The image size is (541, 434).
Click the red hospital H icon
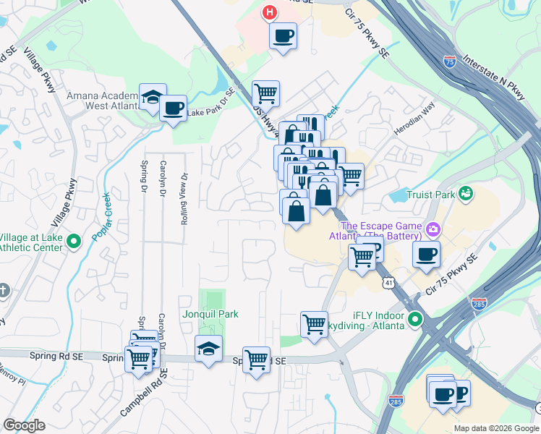click(x=270, y=12)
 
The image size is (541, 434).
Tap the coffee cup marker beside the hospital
click(x=283, y=35)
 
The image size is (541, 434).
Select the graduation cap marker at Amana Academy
click(x=153, y=98)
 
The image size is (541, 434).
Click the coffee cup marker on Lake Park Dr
click(x=173, y=109)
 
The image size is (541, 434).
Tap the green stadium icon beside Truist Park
click(x=467, y=193)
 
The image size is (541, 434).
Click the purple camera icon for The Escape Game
click(x=433, y=229)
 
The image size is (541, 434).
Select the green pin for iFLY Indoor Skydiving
click(x=414, y=318)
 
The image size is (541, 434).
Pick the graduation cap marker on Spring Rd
click(x=208, y=349)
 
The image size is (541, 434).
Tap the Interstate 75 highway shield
click(x=450, y=62)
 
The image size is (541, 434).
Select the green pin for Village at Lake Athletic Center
click(x=73, y=242)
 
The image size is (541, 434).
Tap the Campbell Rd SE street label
click(x=144, y=393)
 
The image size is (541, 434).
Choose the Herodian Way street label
click(x=414, y=118)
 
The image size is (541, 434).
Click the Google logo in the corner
click(x=24, y=425)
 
